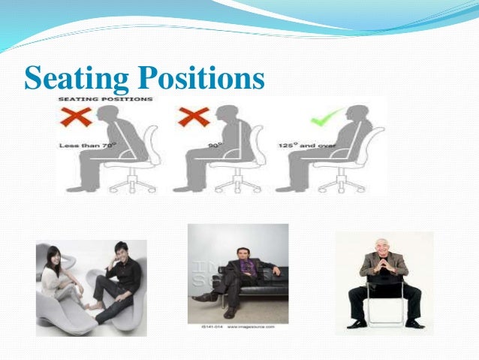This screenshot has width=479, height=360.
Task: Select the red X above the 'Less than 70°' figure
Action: point(82,117)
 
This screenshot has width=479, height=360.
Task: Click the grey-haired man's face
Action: point(387,247)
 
